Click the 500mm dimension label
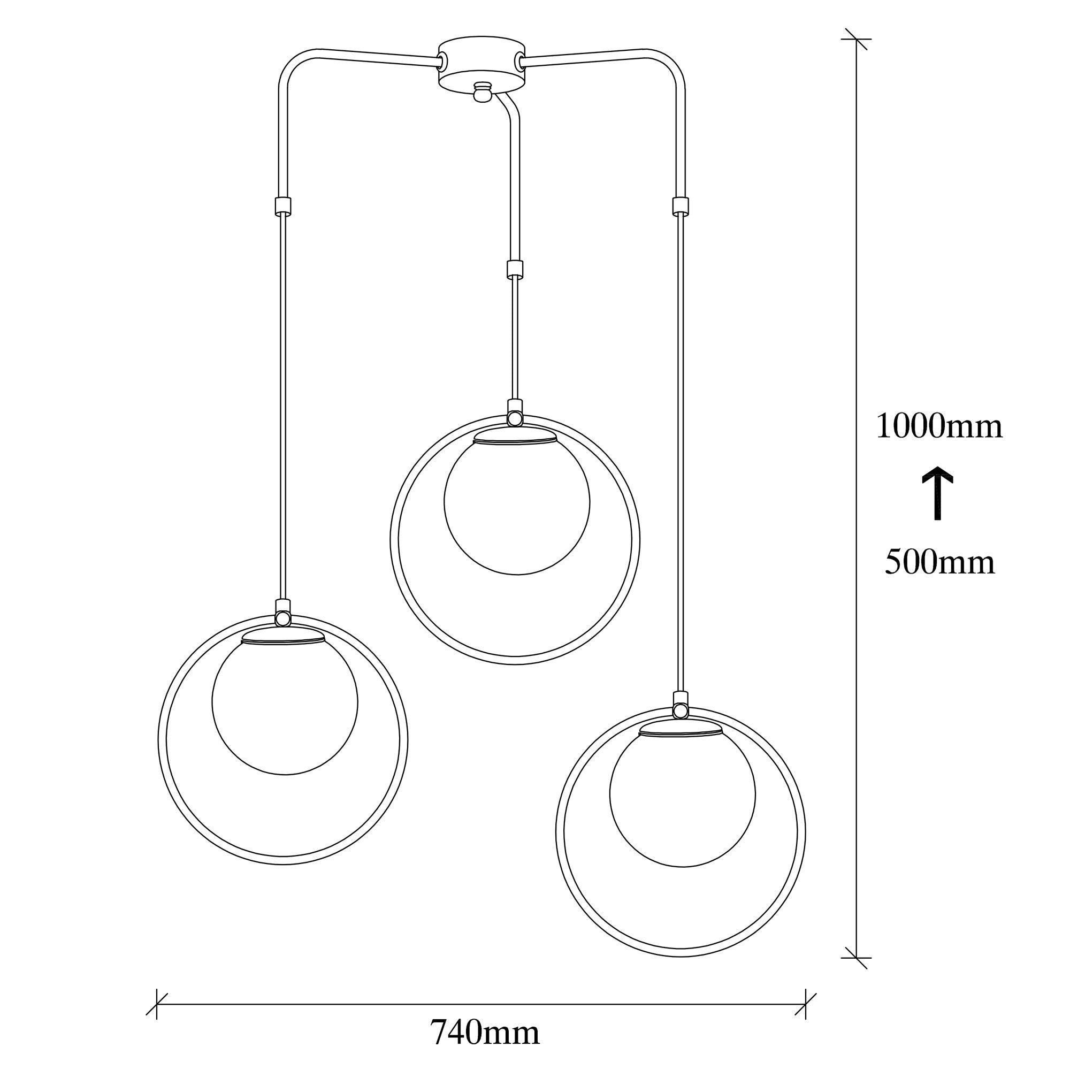(939, 562)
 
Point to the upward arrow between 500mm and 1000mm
(937, 492)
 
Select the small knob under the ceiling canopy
(483, 92)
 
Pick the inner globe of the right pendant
(682, 794)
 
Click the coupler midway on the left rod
(282, 205)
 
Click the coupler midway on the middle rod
(515, 268)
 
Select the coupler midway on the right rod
(680, 205)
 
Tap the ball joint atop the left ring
(282, 616)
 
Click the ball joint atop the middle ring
(515, 416)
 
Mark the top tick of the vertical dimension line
(856, 39)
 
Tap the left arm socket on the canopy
(443, 58)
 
